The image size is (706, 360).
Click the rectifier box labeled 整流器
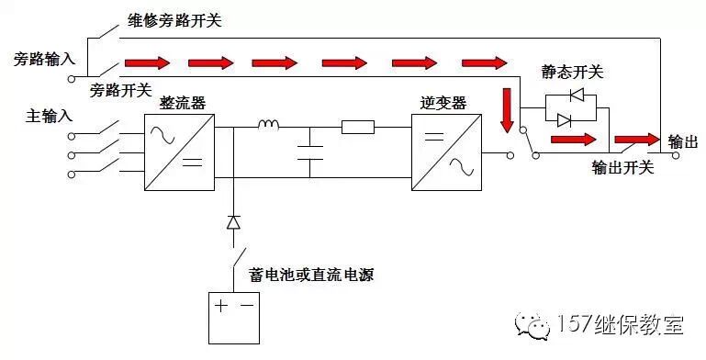(x=179, y=152)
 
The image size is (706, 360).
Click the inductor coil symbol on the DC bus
(x=269, y=126)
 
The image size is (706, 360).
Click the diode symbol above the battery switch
(x=233, y=221)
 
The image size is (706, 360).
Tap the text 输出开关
(x=622, y=168)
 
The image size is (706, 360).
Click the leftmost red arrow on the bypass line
(x=148, y=63)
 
